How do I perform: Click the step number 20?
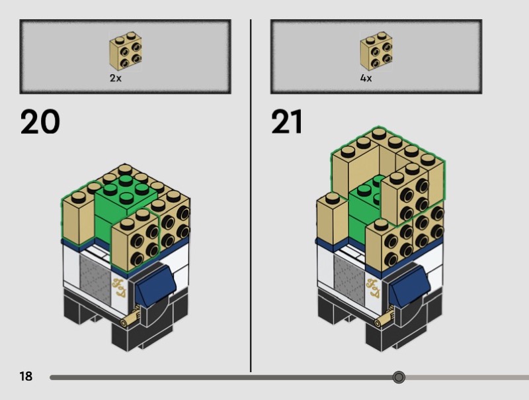click(x=40, y=122)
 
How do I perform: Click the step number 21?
click(x=287, y=122)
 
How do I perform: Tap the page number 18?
click(x=26, y=376)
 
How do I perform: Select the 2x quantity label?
click(x=115, y=78)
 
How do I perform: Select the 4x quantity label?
click(x=366, y=78)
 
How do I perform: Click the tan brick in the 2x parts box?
click(x=126, y=52)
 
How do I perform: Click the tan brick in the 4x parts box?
click(x=376, y=52)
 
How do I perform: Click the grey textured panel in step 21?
click(x=350, y=279)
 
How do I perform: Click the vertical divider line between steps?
click(x=251, y=195)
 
